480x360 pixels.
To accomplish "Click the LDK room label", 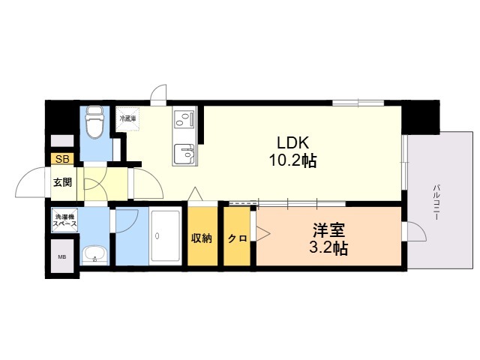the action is [292, 142].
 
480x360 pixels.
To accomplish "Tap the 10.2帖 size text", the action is [292, 160].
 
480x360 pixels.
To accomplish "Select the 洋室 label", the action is [328, 230].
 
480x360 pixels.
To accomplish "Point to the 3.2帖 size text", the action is [328, 248].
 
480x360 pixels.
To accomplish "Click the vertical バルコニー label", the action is [436, 202].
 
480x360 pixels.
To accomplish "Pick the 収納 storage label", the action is [202, 238].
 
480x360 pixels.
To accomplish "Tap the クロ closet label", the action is [237, 238].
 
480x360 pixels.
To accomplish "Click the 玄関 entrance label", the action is [63, 182].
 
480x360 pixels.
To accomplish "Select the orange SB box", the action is [62, 159].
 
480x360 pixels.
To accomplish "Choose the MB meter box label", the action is [62, 257].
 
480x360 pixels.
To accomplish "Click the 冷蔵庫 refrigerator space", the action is [127, 118].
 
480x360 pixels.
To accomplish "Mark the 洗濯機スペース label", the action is [65, 220].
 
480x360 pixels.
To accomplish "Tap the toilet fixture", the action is [95, 121].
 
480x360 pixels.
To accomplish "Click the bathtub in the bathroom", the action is [165, 235].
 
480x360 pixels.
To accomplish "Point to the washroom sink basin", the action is [94, 255].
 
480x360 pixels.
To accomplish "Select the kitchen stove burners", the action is [184, 119].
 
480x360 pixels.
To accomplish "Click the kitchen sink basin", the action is [183, 154].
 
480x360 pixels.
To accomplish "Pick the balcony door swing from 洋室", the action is [417, 232].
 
